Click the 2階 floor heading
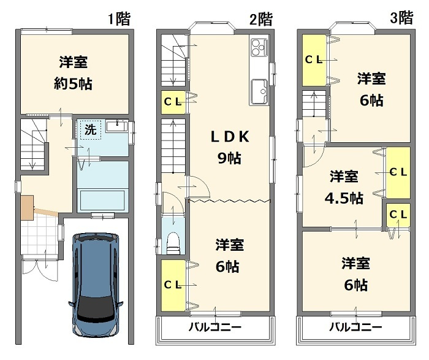coord(261,19)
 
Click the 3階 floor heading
coord(401,18)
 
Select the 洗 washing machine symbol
coord(90,130)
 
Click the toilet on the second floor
coord(174,241)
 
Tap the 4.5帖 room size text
coord(343,198)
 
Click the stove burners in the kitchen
coord(257,45)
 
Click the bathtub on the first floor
coord(102,200)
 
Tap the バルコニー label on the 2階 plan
coord(215,327)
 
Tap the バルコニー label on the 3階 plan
coord(355,327)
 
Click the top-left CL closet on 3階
coord(314,59)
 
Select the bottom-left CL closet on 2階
coord(172,285)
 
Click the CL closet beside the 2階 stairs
coord(172,102)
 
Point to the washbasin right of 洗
coord(116,127)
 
